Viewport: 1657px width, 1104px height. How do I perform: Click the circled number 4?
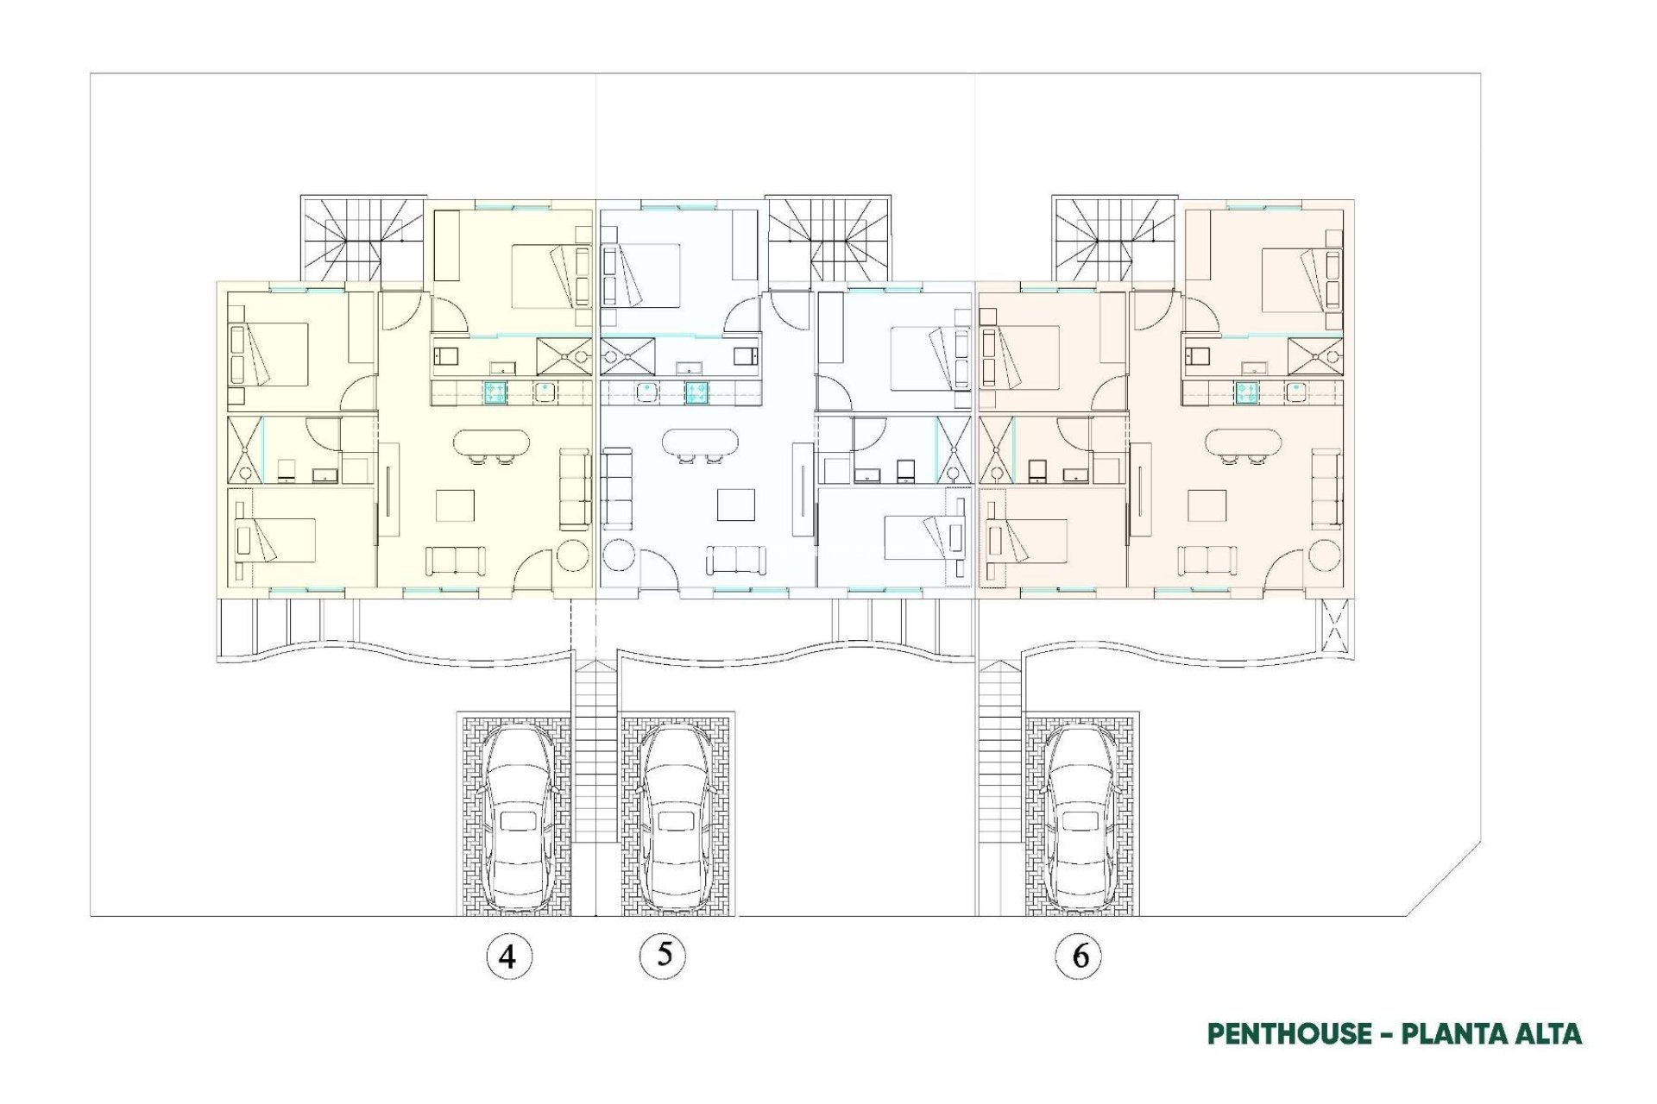[x=508, y=957]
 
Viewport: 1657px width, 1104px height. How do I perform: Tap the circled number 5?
[x=663, y=955]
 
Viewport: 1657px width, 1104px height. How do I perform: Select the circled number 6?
[x=1079, y=956]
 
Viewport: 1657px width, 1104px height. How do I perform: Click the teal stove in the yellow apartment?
[x=495, y=392]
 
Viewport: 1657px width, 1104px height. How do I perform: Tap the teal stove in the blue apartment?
[x=697, y=392]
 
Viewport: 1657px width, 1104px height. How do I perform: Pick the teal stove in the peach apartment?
[x=1245, y=392]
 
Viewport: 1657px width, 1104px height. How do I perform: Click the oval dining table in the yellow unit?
[x=491, y=443]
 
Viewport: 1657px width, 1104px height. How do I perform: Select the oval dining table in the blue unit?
[x=700, y=443]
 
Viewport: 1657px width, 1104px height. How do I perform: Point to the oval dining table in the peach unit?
[x=1243, y=443]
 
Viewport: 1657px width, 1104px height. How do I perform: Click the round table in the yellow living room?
[x=572, y=555]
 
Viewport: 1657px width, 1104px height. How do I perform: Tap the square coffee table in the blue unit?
[x=735, y=505]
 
